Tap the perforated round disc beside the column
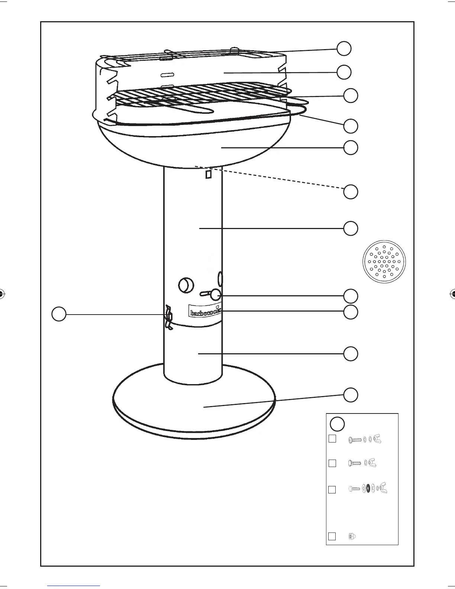coord(384,261)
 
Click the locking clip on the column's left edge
coord(169,317)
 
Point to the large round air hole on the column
coord(186,285)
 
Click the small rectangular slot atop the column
coord(209,174)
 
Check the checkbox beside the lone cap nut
coord(332,536)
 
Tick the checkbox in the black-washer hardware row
coord(332,489)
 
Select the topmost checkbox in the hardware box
coord(332,439)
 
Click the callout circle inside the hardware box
coord(338,424)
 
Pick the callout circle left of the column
coord(59,314)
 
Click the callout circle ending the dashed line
coord(351,191)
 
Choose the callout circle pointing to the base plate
coord(351,395)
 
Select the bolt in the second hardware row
coord(355,463)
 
